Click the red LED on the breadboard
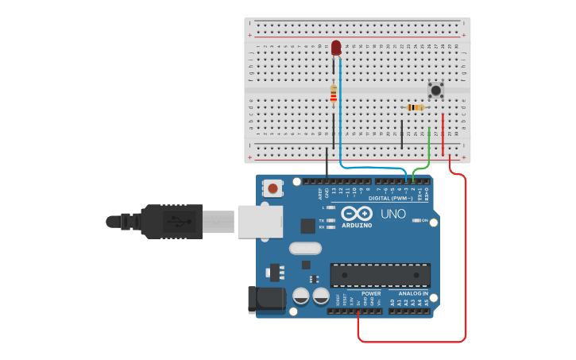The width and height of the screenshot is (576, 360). tap(336, 48)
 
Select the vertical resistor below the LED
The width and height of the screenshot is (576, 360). tap(334, 94)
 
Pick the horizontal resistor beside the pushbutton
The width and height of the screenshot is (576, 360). tap(415, 107)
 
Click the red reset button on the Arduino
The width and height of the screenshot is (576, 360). tap(273, 188)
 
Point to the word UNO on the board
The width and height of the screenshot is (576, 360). tap(392, 214)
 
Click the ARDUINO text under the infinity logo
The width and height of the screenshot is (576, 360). tap(357, 225)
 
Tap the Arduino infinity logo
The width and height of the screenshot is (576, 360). tap(357, 213)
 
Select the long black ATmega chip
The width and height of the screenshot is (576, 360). tap(380, 275)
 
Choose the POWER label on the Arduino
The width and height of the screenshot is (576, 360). tap(371, 293)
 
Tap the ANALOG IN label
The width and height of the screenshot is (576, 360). tap(413, 293)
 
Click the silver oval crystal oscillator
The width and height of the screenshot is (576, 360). tap(305, 249)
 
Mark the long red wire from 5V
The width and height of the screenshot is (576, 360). tap(465, 262)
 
